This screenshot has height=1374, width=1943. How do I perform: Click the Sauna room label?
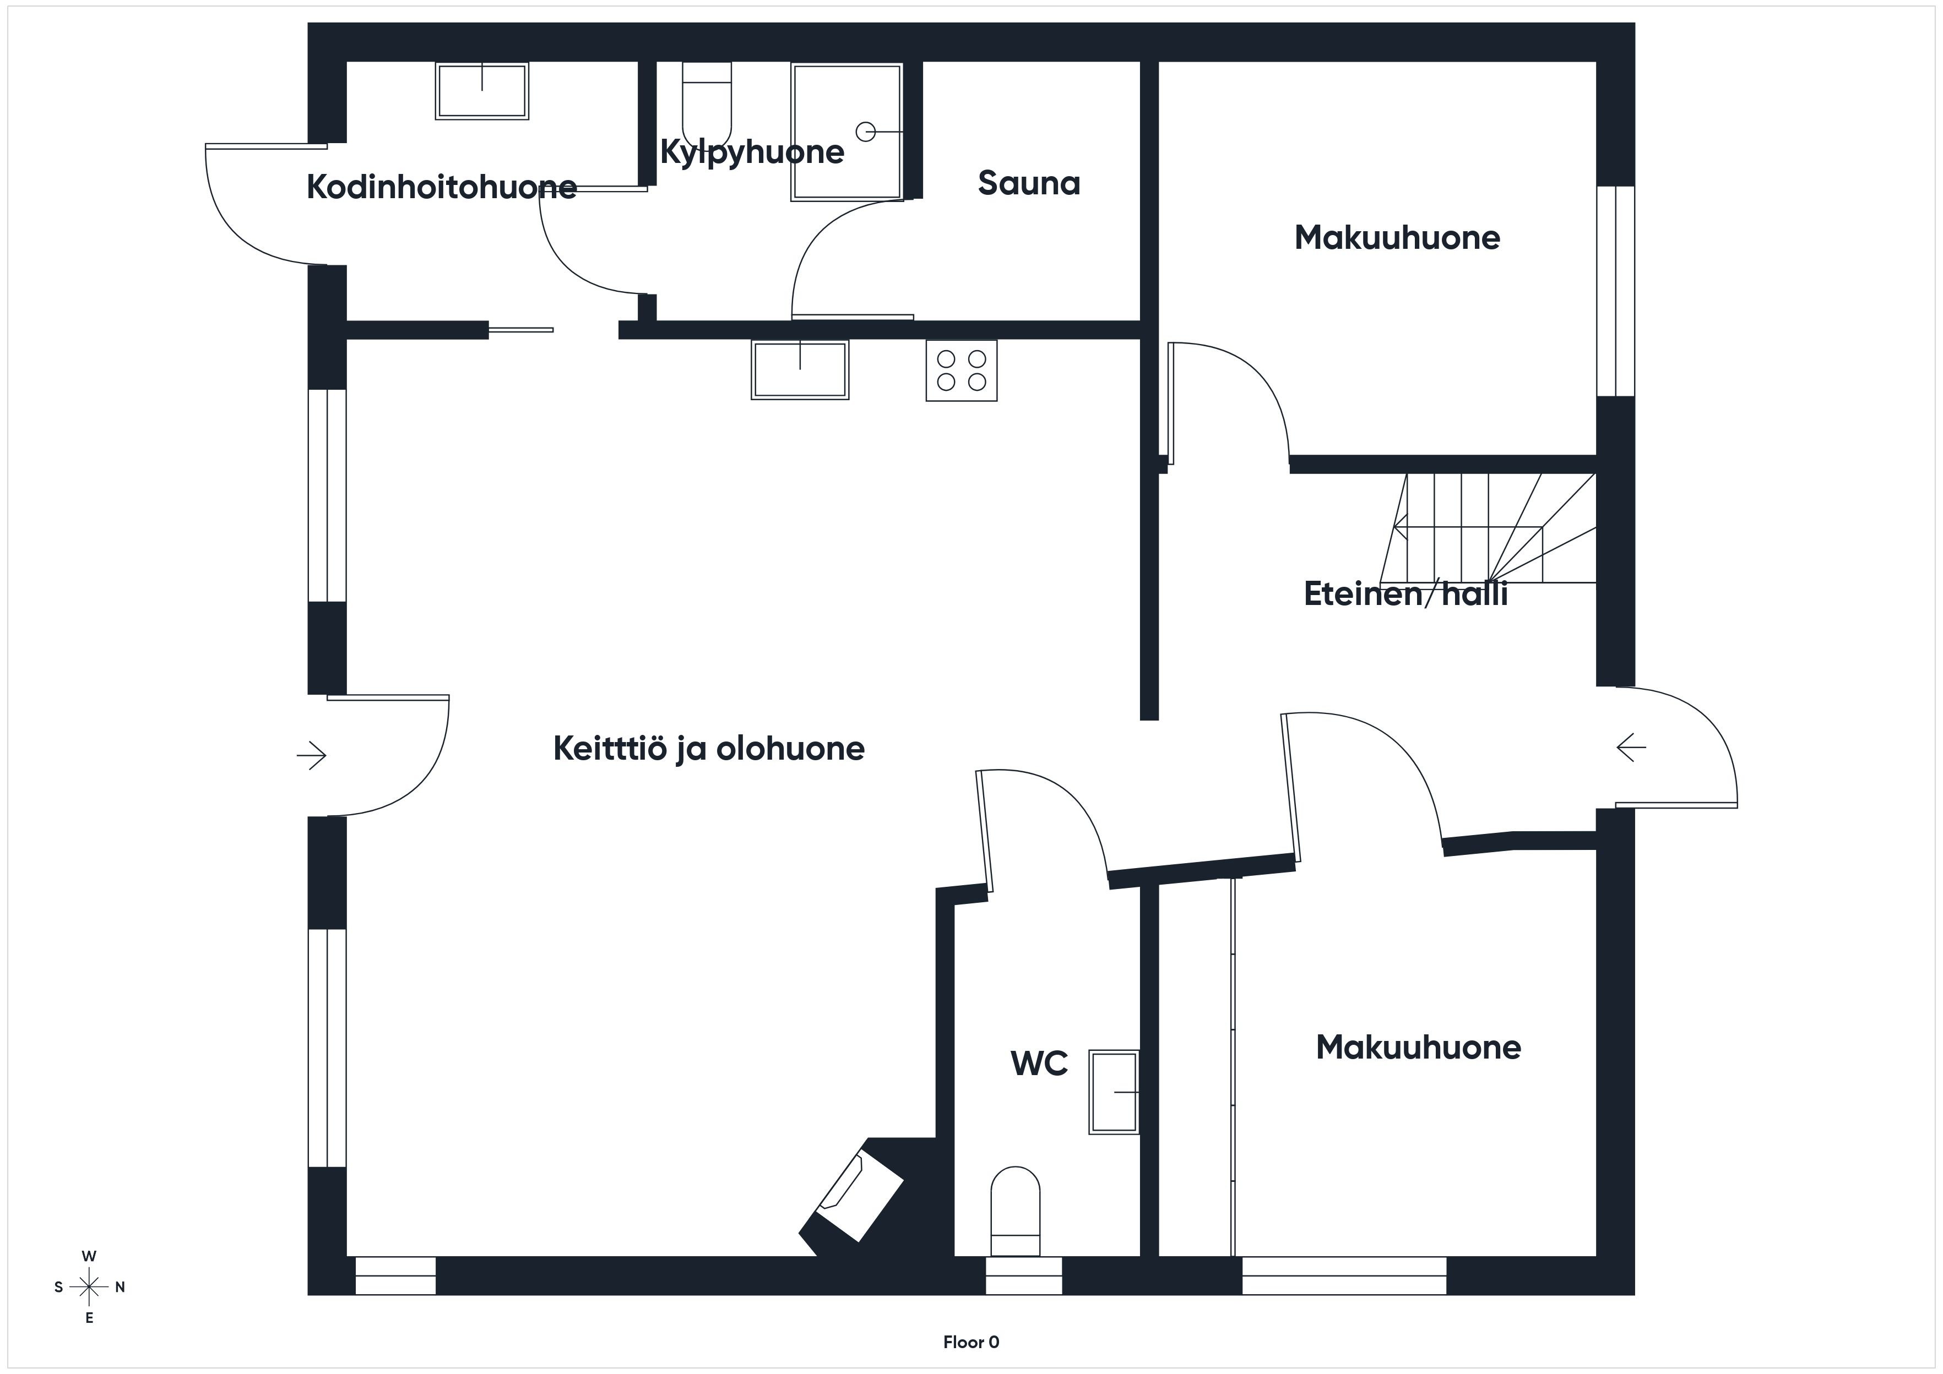(1029, 183)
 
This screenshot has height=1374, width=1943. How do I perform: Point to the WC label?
(1039, 1064)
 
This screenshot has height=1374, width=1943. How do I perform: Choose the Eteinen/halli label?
(1405, 594)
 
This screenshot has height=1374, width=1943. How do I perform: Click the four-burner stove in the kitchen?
(962, 370)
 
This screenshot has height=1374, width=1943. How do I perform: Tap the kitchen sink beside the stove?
(800, 370)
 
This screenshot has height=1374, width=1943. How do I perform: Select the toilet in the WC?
(1014, 1211)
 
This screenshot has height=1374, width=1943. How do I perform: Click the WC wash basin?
(1114, 1092)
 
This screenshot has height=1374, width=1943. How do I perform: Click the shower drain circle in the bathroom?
(865, 132)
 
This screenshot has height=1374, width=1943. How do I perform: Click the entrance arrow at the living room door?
(311, 755)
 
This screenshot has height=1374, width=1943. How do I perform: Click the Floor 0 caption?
(971, 1342)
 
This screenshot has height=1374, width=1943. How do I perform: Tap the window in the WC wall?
(1024, 1275)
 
